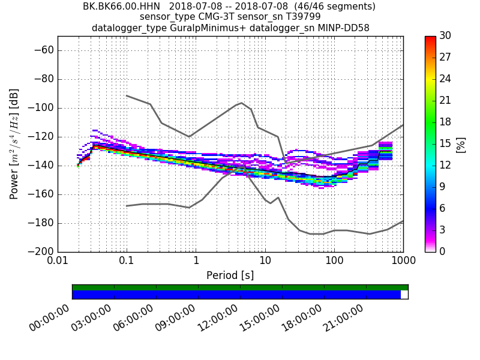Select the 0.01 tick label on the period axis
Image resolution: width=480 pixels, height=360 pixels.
tap(58, 262)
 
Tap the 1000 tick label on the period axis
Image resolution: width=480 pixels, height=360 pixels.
tap(403, 262)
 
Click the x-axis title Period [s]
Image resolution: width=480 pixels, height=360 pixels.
tap(230, 275)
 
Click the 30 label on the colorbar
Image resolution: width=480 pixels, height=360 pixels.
tap(445, 36)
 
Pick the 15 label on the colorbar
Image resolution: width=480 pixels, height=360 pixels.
tap(445, 143)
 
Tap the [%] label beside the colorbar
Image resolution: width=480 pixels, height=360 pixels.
tap(461, 144)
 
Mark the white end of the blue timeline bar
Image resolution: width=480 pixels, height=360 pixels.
tap(404, 295)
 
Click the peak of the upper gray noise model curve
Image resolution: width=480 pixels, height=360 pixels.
tap(241, 103)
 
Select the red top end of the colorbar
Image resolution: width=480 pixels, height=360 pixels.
tap(430, 38)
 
